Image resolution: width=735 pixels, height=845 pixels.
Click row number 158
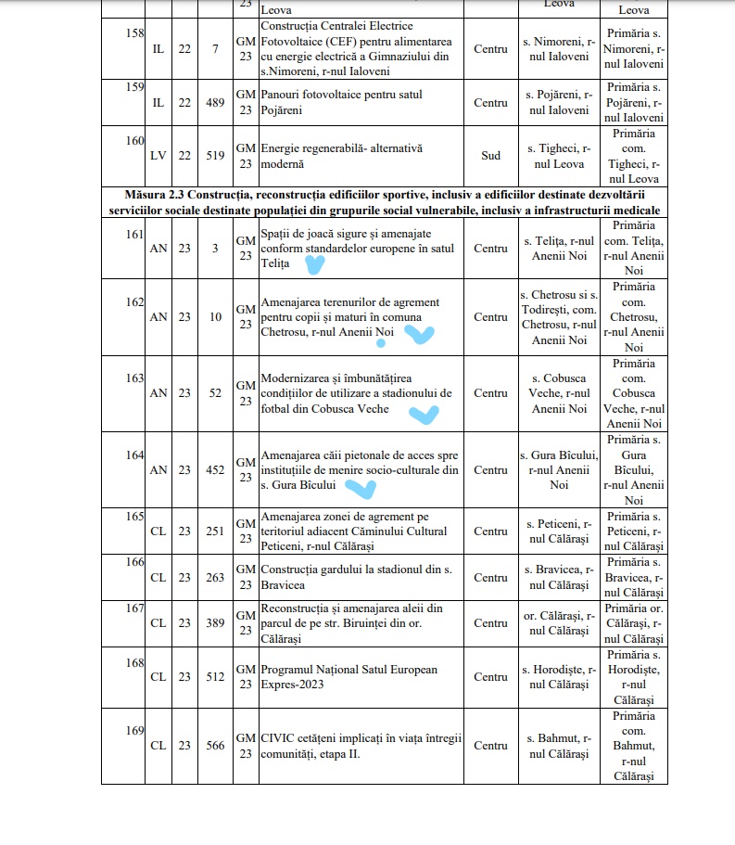pos(135,32)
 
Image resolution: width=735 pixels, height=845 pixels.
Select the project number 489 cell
pos(215,103)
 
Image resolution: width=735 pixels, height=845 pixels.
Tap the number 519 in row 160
pos(215,156)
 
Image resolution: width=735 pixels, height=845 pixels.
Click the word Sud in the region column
pos(490,156)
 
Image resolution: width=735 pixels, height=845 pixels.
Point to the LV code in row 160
pos(158,156)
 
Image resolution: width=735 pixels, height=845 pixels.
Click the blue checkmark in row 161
pos(315,266)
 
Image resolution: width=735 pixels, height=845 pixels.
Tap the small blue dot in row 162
pos(380,343)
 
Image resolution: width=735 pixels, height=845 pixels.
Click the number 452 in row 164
pos(215,470)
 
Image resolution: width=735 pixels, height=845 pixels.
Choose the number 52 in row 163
pos(215,393)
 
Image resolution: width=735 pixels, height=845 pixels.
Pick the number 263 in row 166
pos(215,577)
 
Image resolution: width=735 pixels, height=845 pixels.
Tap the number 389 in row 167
pos(215,623)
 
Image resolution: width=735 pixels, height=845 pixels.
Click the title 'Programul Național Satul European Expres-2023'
pos(348,676)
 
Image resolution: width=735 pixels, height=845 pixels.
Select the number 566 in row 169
pos(215,746)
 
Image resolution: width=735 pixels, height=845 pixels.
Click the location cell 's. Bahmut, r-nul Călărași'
pos(556,746)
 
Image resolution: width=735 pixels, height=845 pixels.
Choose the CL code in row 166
pos(158,577)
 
